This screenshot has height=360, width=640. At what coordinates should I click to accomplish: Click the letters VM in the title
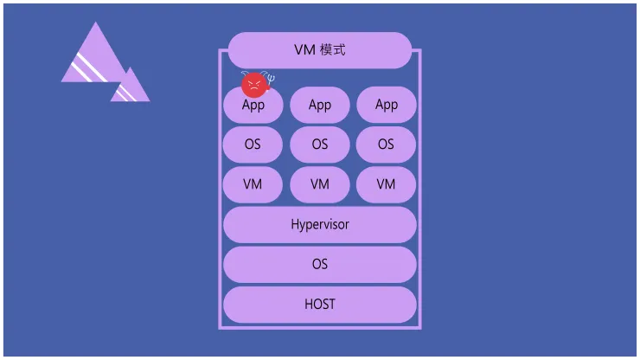[x=304, y=50]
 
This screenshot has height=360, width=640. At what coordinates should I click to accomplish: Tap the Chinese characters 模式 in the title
[x=332, y=50]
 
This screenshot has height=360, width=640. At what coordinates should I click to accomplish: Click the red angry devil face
[x=253, y=84]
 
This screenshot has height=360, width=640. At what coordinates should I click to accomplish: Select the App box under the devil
[x=253, y=107]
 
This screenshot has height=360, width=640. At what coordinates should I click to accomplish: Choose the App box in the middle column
[x=320, y=105]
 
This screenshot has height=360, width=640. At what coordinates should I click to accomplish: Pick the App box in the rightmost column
[x=387, y=105]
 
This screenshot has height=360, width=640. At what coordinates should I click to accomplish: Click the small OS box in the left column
[x=253, y=145]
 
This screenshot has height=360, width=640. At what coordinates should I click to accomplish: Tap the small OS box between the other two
[x=320, y=145]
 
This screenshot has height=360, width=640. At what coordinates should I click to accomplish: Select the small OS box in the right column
[x=387, y=145]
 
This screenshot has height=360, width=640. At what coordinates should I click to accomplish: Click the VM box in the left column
[x=253, y=184]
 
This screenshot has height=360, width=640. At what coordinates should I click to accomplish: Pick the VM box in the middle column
[x=320, y=184]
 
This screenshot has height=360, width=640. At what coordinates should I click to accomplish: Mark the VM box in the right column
[x=387, y=184]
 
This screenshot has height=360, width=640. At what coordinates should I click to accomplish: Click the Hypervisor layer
[x=320, y=225]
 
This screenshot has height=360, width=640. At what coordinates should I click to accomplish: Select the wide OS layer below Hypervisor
[x=320, y=265]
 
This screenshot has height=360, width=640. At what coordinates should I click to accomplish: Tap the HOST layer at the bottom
[x=320, y=305]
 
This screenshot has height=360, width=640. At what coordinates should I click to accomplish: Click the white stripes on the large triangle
[x=89, y=67]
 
